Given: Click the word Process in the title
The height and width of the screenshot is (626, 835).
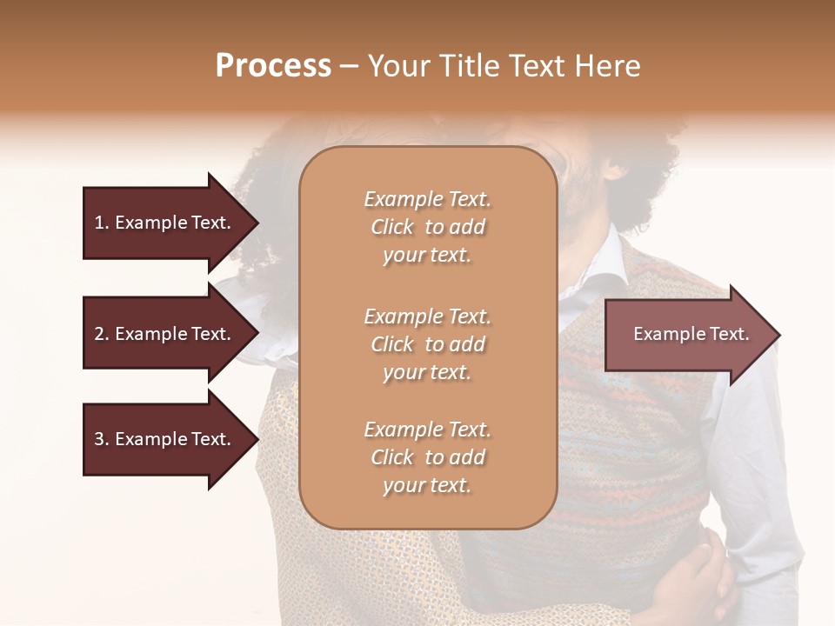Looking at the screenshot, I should [273, 66].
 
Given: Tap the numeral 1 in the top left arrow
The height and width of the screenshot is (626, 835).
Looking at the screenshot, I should [99, 223].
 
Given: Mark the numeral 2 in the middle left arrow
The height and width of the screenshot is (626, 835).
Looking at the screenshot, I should [99, 334].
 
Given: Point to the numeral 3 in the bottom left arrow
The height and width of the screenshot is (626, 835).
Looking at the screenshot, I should [99, 439].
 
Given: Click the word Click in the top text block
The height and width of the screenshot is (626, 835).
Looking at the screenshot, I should [392, 228].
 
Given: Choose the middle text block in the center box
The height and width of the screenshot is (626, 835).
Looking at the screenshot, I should [427, 344].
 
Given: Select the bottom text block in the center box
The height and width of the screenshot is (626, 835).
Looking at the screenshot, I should [427, 457].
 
